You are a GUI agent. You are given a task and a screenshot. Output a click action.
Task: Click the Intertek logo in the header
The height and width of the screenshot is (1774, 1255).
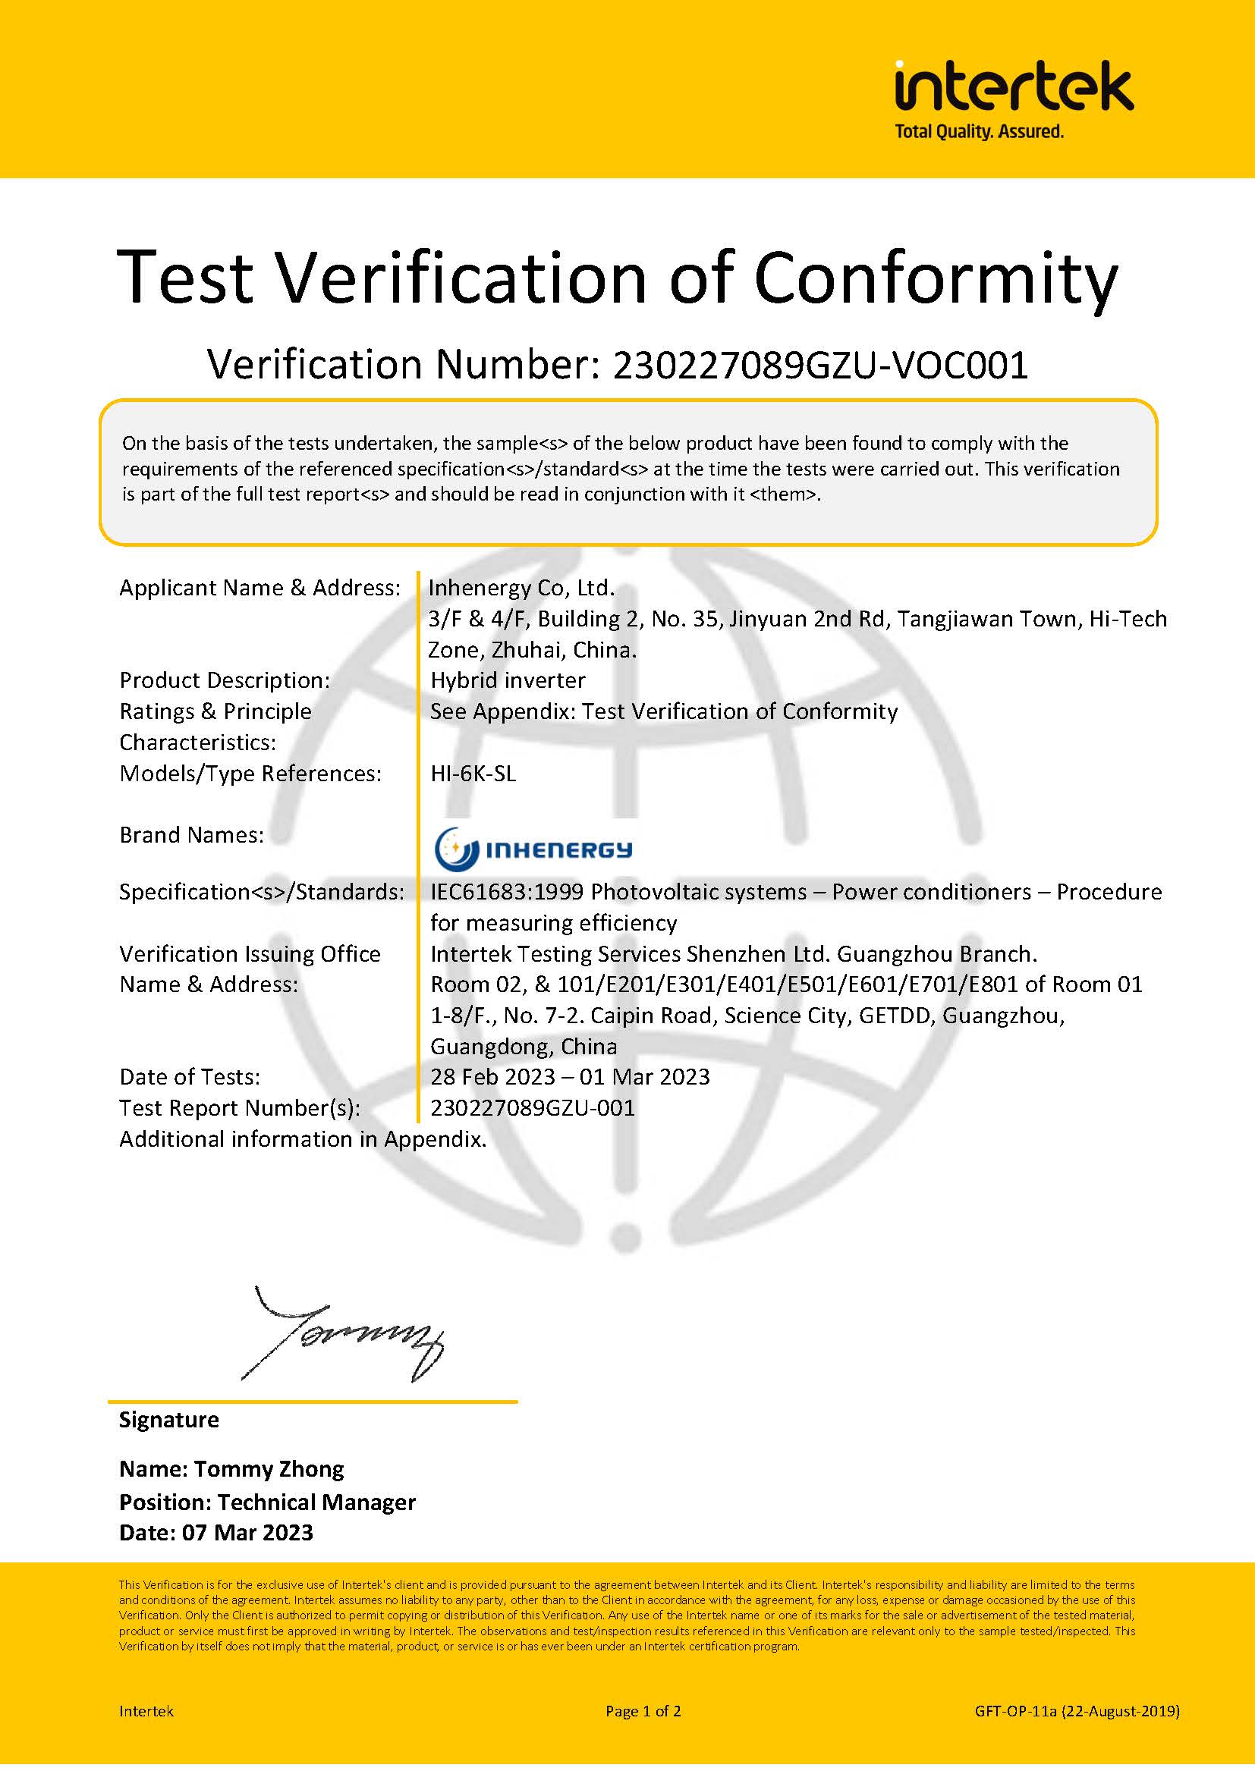point(1013,86)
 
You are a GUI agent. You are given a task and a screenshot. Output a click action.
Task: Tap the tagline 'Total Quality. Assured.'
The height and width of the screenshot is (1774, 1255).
point(978,132)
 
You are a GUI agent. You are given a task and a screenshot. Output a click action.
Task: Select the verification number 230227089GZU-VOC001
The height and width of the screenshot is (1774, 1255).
point(820,365)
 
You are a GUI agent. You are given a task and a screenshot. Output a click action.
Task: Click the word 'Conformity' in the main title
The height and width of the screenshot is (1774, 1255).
point(935,278)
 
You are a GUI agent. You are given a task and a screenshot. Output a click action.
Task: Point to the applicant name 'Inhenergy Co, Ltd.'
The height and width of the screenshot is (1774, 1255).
point(521,588)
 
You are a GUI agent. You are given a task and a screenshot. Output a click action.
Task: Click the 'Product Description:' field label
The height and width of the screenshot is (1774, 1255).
point(224,680)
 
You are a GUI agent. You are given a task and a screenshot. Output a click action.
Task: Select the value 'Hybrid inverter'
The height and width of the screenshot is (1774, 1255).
point(508,680)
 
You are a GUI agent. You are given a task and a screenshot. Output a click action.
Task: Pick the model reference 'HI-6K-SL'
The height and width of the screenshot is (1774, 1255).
point(473,774)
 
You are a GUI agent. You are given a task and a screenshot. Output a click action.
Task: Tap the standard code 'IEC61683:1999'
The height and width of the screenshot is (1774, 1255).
point(506,892)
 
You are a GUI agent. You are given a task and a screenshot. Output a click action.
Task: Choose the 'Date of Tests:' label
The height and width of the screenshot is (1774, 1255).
point(190,1076)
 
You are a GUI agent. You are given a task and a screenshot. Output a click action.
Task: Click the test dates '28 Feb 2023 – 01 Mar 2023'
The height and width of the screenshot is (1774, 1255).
point(570,1076)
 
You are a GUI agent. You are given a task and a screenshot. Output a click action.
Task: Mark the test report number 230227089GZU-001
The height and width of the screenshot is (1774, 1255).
point(533,1108)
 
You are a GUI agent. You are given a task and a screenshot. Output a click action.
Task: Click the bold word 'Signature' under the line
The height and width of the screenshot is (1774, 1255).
point(168,1420)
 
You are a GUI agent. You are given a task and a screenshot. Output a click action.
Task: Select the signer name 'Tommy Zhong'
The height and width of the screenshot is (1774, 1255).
point(268,1469)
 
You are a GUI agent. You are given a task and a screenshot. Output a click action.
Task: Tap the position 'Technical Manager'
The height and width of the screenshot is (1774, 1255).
point(316,1502)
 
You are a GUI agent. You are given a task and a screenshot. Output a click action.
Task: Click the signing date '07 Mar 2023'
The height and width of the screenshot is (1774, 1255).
point(247,1533)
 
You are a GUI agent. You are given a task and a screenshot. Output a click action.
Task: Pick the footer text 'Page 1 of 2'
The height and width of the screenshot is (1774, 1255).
point(643,1711)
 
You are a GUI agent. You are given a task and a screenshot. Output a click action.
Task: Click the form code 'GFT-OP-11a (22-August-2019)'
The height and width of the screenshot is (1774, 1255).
point(1077,1711)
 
